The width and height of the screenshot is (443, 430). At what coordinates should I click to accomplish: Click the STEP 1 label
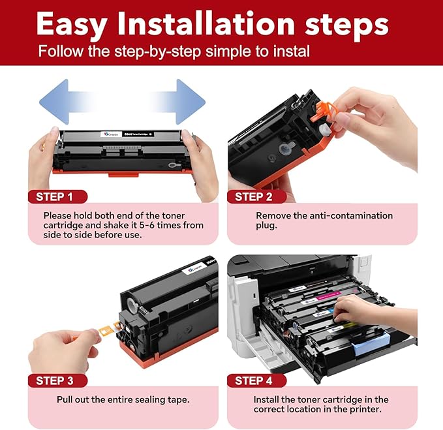coord(59,196)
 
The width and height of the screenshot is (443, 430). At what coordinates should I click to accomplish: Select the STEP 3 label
coord(59,380)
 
